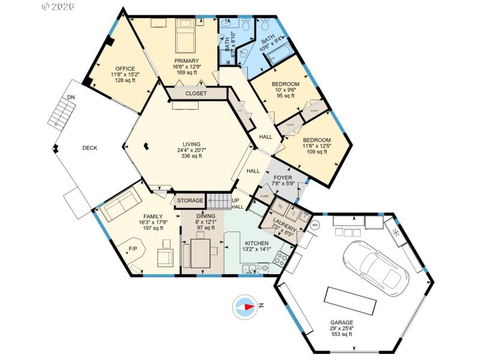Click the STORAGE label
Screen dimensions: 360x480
tap(190, 200)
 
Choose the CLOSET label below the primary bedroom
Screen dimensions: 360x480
tap(196, 94)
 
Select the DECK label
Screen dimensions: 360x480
tap(90, 148)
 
